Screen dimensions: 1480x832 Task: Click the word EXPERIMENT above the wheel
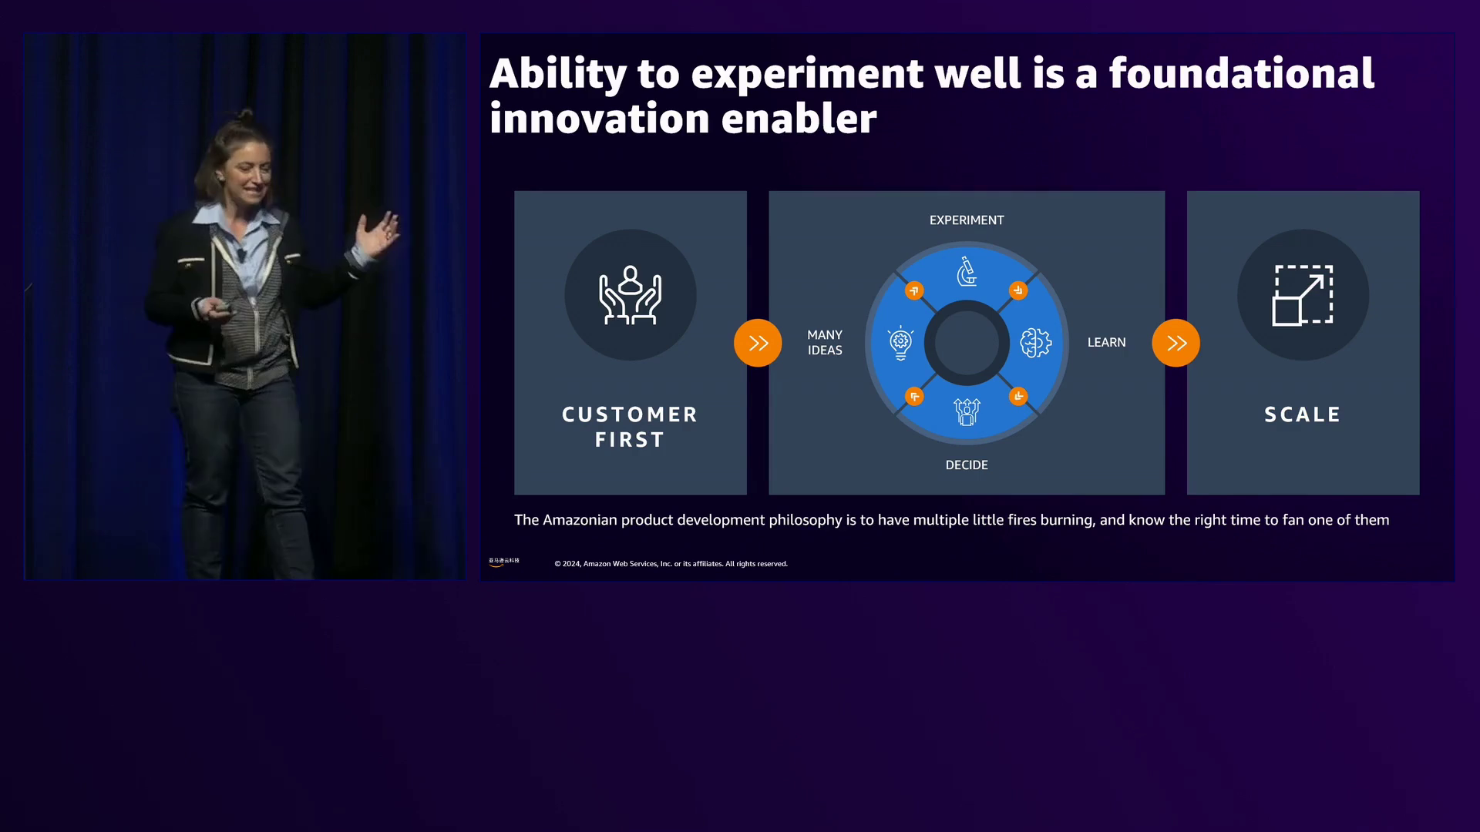click(x=967, y=220)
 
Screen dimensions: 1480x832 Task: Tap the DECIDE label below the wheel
click(x=967, y=465)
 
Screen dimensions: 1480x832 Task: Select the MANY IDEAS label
click(x=825, y=343)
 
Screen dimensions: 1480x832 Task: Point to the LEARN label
click(x=1106, y=343)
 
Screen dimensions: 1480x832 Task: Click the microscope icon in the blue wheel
click(x=967, y=272)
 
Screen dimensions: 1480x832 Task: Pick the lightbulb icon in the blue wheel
click(x=900, y=344)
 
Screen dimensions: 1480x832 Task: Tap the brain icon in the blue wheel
click(x=1035, y=343)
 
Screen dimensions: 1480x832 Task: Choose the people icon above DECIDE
click(x=967, y=412)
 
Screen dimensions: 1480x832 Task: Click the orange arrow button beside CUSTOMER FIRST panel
click(x=758, y=343)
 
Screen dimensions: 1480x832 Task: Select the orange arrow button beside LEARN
click(x=1176, y=343)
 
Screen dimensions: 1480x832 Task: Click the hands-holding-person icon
click(x=631, y=295)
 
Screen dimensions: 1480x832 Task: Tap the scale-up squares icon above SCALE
click(x=1303, y=295)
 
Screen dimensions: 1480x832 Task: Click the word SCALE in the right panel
click(x=1303, y=414)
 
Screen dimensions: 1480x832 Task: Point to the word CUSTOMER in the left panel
click(x=630, y=414)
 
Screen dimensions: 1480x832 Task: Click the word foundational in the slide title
click(x=1242, y=73)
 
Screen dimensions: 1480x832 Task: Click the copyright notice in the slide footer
click(x=671, y=564)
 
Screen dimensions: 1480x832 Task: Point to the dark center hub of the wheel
click(x=967, y=343)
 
